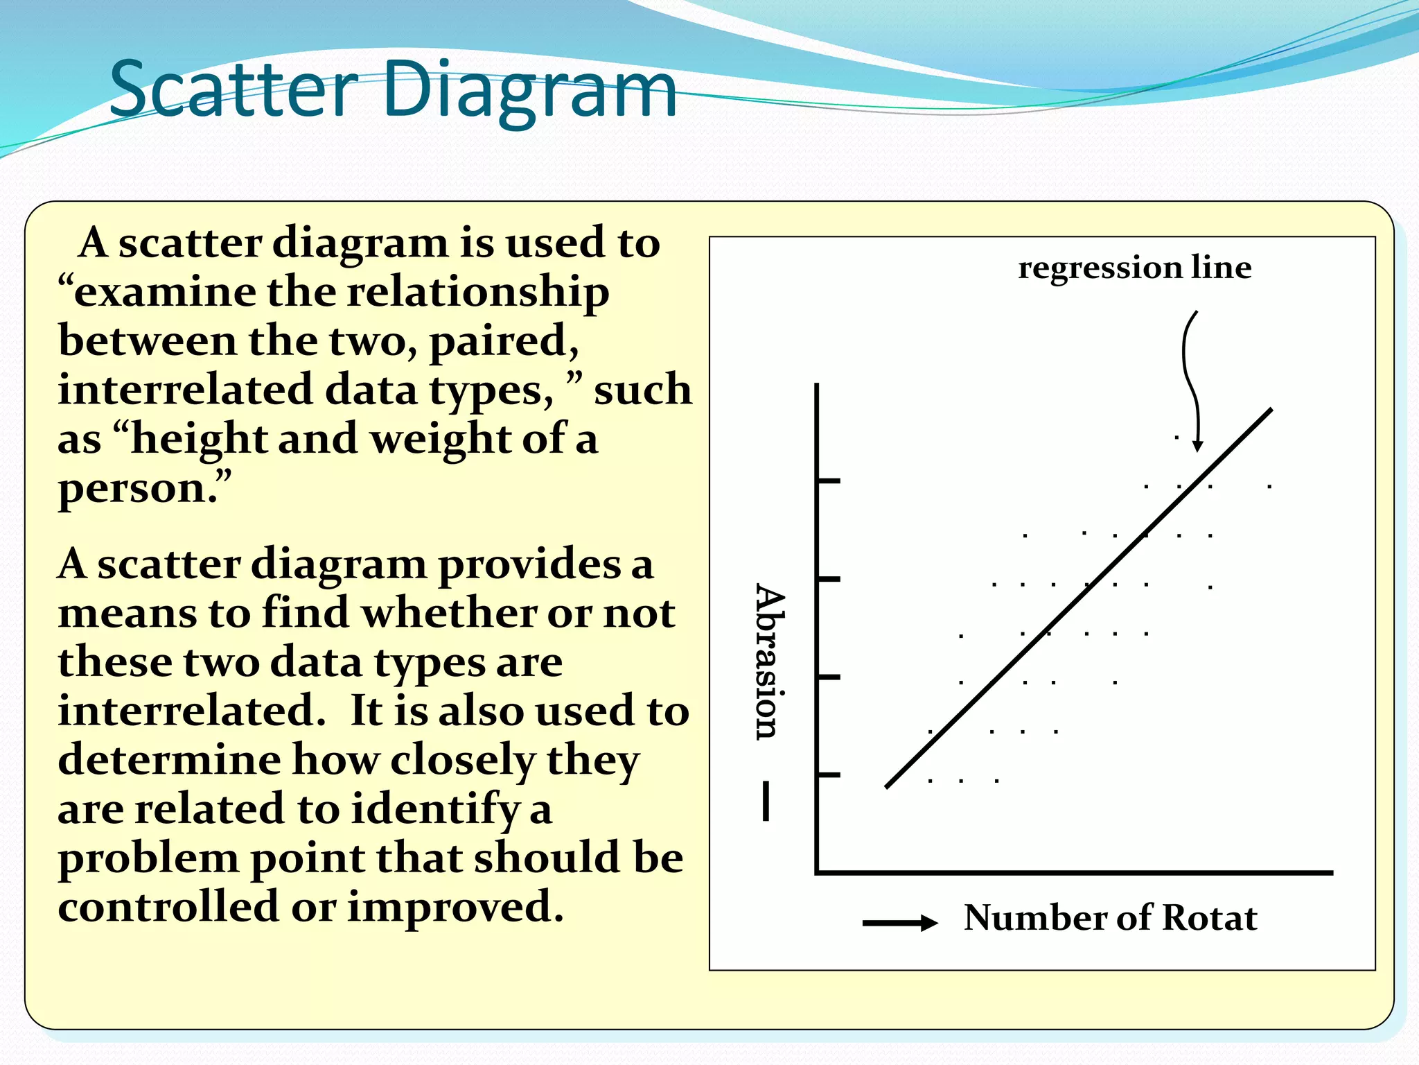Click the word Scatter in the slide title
[233, 89]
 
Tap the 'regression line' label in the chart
[1134, 268]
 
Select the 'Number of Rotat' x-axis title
[1110, 917]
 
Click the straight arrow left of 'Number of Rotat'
[899, 922]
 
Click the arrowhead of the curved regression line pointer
[1197, 445]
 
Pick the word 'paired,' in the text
[504, 342]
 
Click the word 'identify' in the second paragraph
[434, 810]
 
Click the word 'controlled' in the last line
[168, 907]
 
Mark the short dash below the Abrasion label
[765, 801]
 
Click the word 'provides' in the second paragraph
[529, 564]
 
